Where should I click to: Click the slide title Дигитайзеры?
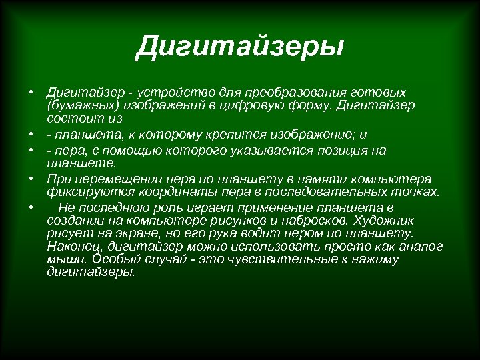click(239, 47)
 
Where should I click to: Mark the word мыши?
click(62, 259)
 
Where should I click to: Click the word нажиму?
click(374, 259)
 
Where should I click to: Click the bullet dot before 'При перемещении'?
click(31, 179)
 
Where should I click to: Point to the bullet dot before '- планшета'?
click(31, 135)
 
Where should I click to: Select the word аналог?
click(422, 247)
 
